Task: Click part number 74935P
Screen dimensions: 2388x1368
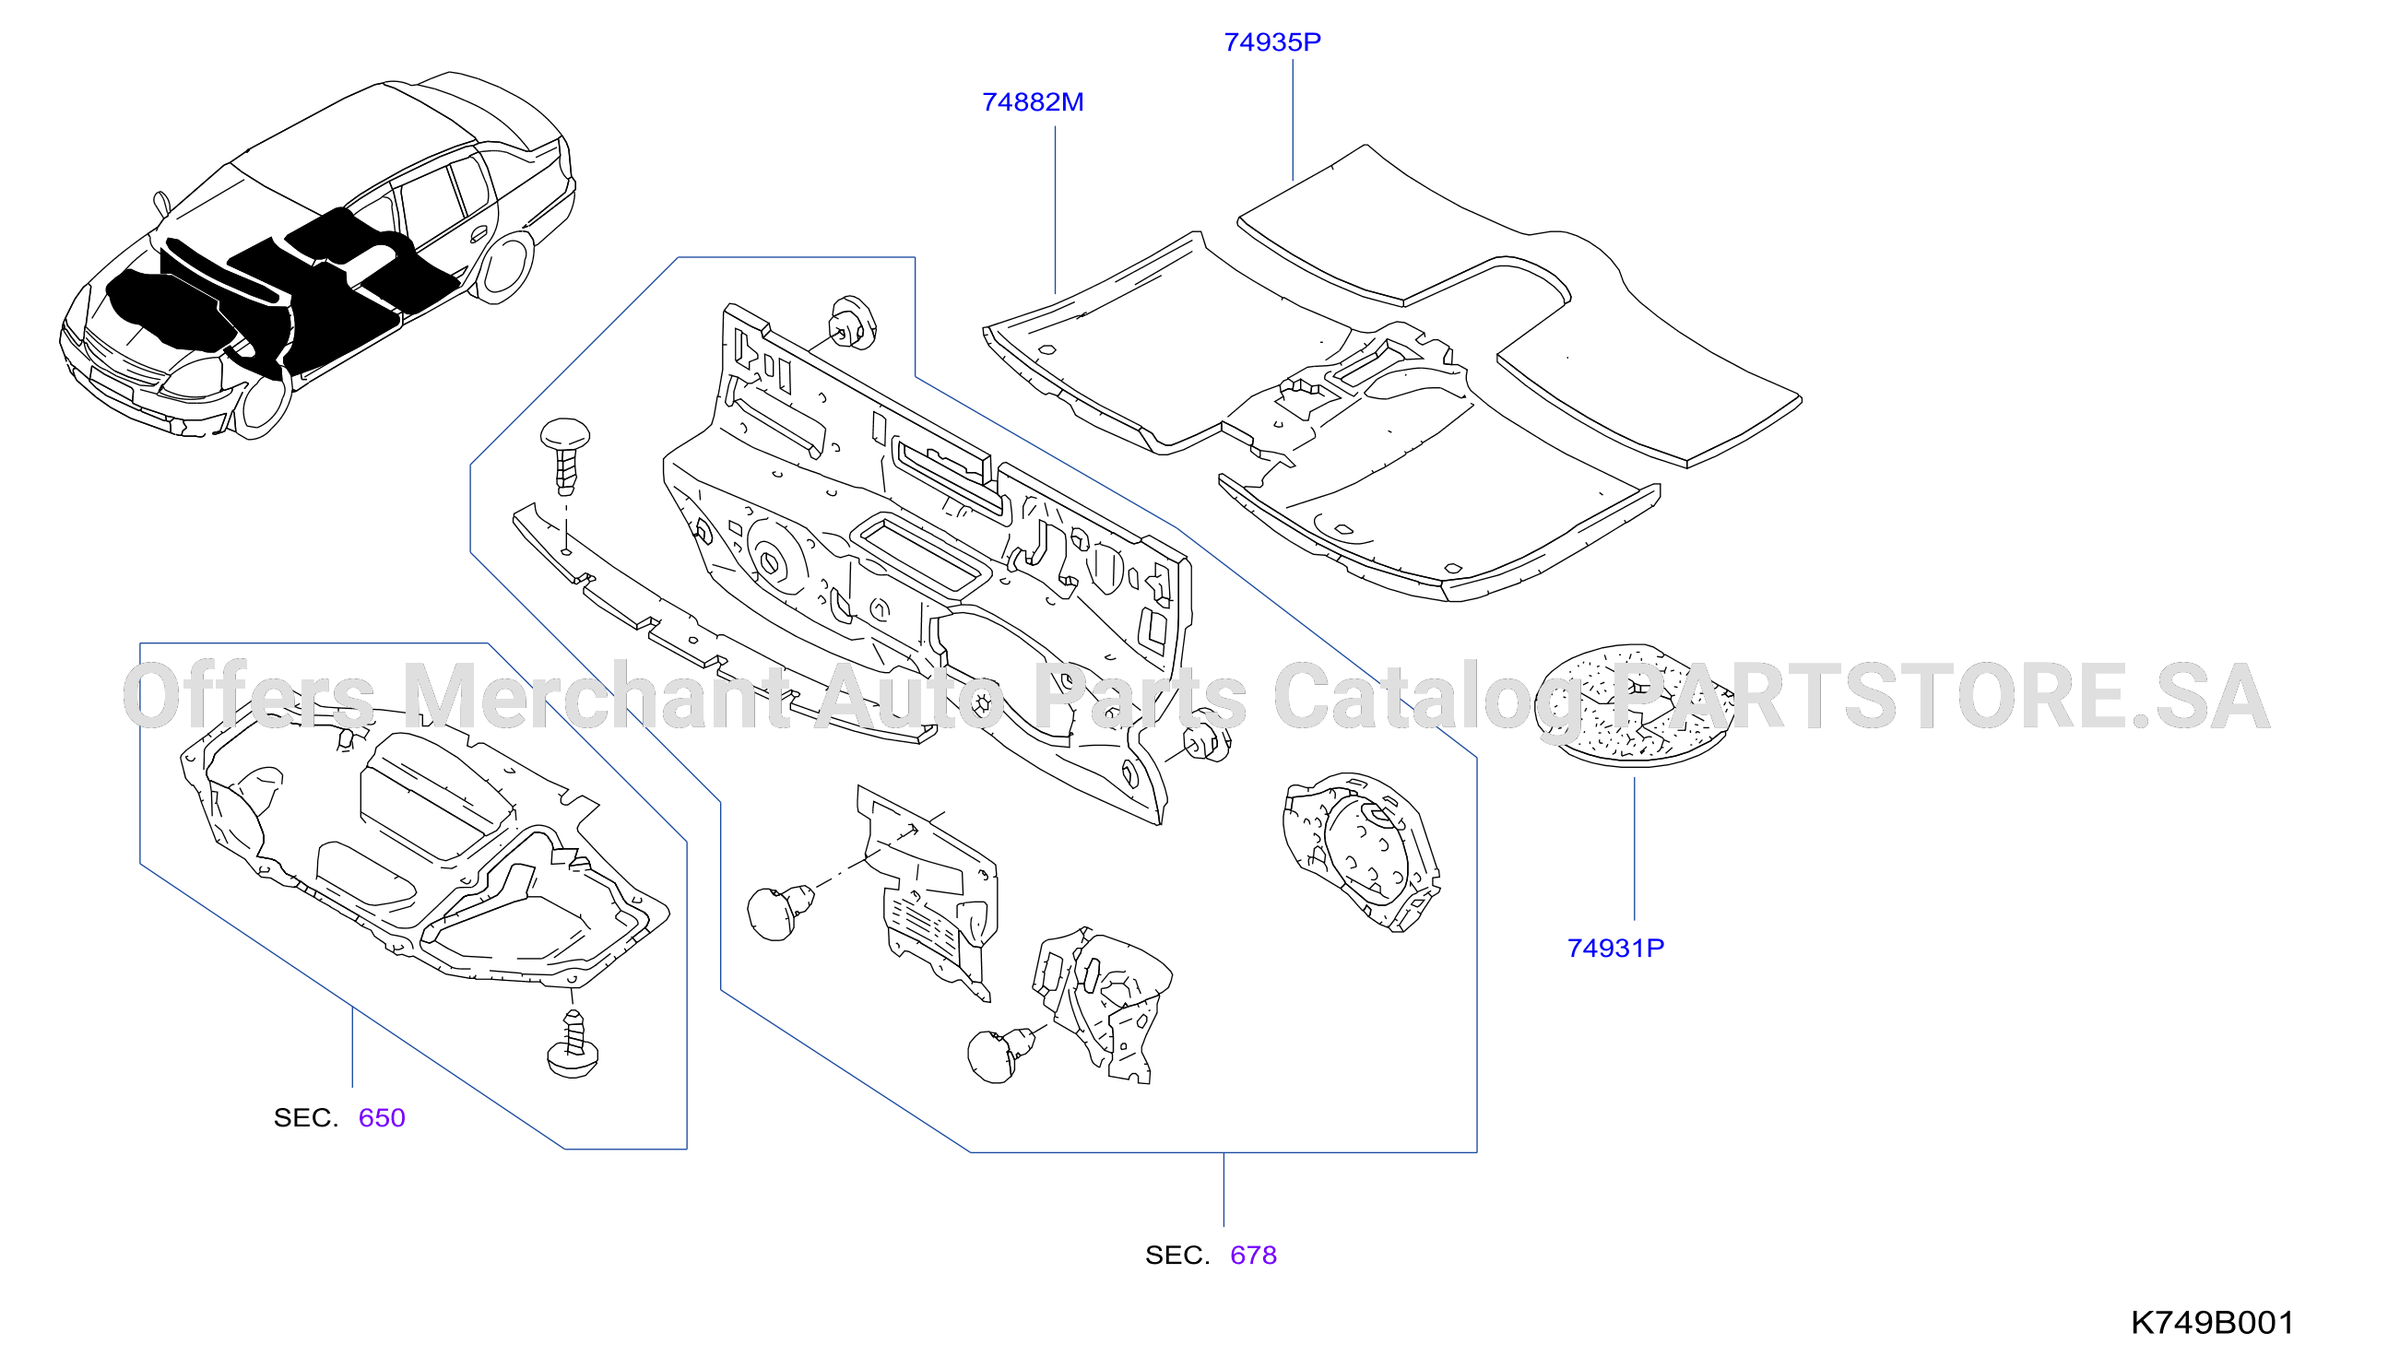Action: point(1272,42)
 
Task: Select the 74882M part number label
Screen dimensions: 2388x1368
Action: point(1033,102)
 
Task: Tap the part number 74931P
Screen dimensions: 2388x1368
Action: point(1614,948)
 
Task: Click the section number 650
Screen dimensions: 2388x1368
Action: point(382,1118)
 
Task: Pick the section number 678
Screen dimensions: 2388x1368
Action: point(1253,1256)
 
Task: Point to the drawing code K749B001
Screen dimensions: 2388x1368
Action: point(2212,1323)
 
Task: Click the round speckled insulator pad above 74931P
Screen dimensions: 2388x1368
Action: point(1634,705)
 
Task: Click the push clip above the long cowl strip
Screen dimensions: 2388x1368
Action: point(564,456)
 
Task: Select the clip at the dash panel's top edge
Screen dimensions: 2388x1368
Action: point(852,323)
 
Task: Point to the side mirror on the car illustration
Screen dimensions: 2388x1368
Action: point(161,204)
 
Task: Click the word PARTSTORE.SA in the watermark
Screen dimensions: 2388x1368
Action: point(1941,696)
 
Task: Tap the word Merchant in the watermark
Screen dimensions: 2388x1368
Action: point(597,696)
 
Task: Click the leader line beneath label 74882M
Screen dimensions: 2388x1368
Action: point(1055,210)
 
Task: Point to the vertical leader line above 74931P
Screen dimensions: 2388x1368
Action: point(1635,848)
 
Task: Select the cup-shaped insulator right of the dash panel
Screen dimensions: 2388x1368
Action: point(1361,851)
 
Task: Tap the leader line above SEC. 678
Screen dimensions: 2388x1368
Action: point(1224,1189)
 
